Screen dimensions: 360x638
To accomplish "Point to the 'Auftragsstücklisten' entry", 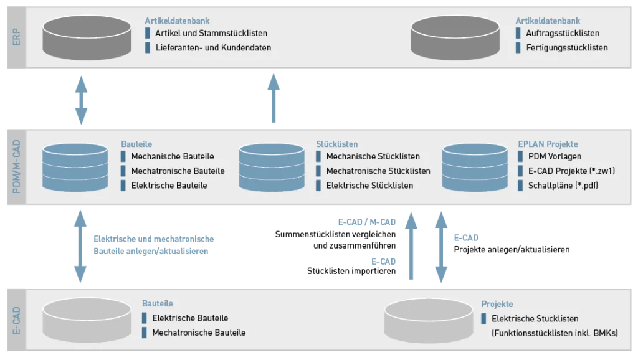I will click(x=563, y=33).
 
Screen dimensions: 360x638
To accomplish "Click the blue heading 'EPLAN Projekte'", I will click(x=548, y=144).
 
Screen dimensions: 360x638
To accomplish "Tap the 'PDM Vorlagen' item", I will click(x=555, y=156).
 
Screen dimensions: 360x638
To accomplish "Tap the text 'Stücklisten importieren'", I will click(x=351, y=271).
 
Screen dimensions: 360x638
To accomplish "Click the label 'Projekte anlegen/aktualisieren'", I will click(x=512, y=249).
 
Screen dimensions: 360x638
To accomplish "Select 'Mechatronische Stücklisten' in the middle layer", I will click(x=378, y=171).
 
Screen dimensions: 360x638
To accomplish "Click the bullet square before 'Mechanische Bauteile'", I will click(x=123, y=156).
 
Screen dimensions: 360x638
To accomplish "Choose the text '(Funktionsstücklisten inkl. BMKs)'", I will click(x=555, y=333).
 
